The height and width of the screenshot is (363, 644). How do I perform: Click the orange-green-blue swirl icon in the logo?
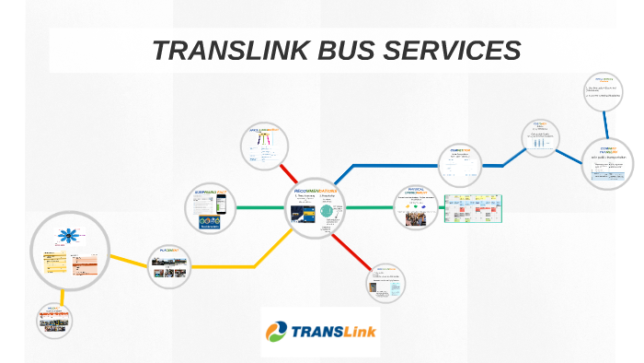(277, 333)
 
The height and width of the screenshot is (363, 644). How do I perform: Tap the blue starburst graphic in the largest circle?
(67, 237)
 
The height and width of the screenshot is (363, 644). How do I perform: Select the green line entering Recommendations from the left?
(261, 207)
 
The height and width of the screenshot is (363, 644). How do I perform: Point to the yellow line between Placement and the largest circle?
(129, 261)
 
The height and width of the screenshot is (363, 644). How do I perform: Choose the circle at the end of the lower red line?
(385, 284)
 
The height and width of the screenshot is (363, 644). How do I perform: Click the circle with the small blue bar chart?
(541, 138)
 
